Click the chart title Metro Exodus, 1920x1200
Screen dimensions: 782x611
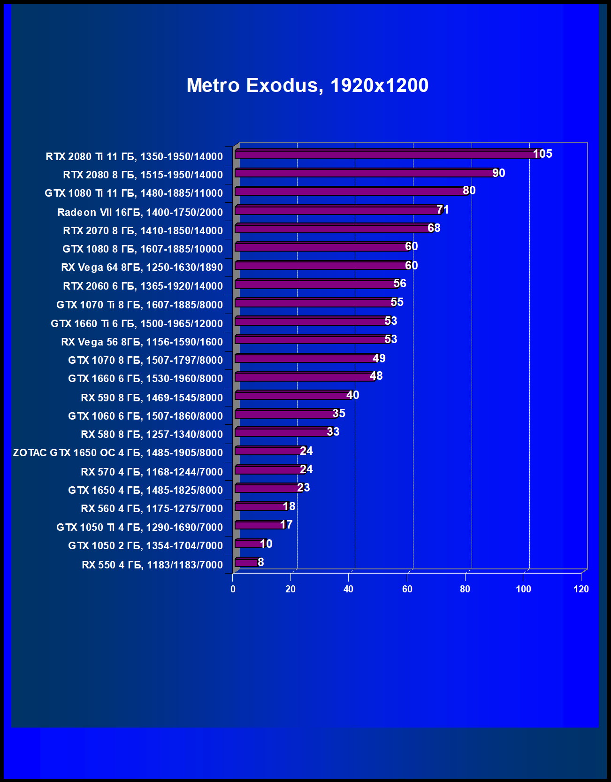pyautogui.click(x=307, y=85)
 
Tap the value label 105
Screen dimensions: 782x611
pyautogui.click(x=542, y=154)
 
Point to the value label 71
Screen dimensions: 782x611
pyautogui.click(x=443, y=210)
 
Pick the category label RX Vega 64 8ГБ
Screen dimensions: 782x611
pyautogui.click(x=142, y=268)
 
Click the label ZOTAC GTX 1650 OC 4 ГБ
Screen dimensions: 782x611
pyautogui.click(x=118, y=453)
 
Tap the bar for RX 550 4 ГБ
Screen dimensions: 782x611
pyautogui.click(x=246, y=562)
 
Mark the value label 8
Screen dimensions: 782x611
pyautogui.click(x=261, y=562)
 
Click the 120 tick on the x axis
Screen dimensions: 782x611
pyautogui.click(x=581, y=590)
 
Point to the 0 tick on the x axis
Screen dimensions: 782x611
pyautogui.click(x=233, y=590)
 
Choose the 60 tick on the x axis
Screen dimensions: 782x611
pyautogui.click(x=407, y=590)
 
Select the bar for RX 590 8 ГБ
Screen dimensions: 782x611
pyautogui.click(x=291, y=396)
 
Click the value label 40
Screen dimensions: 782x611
pyautogui.click(x=353, y=395)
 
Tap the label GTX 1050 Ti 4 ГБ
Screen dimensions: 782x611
pyautogui.click(x=139, y=528)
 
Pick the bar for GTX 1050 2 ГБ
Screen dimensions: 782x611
pyautogui.click(x=249, y=544)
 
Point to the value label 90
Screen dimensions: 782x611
pyautogui.click(x=499, y=173)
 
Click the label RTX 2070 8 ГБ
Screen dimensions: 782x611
pyautogui.click(x=143, y=231)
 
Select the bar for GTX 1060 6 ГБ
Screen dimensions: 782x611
pyautogui.click(x=284, y=414)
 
